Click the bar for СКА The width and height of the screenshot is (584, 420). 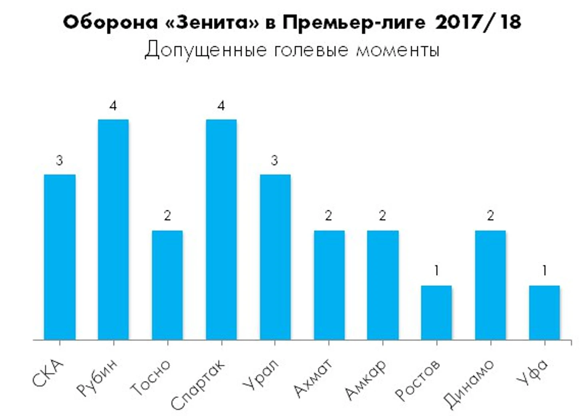click(60, 257)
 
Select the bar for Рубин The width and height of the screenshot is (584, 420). click(114, 229)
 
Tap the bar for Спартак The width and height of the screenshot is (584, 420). click(221, 229)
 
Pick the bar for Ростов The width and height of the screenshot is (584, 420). click(436, 312)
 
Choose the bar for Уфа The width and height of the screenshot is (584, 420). click(544, 312)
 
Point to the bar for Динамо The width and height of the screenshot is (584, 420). click(490, 285)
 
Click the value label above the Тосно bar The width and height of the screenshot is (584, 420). click(167, 216)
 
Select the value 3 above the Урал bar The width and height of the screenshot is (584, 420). click(274, 161)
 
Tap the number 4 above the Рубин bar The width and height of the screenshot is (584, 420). click(114, 106)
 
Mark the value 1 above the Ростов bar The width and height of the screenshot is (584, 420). click(436, 271)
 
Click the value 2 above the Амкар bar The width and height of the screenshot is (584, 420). click(382, 216)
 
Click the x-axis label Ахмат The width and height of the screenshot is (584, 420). click(313, 378)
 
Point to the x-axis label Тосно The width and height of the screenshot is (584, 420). click(151, 377)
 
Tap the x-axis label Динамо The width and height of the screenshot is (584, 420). click(469, 383)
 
